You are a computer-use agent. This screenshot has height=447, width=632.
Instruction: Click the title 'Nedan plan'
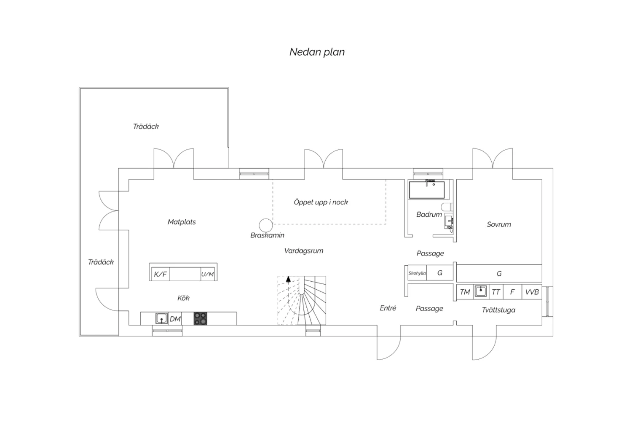(317, 52)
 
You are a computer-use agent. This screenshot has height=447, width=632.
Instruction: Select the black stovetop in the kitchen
(200, 318)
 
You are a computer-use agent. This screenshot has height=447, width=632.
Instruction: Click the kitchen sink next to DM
(162, 318)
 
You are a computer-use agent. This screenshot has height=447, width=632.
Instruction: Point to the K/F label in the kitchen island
(160, 274)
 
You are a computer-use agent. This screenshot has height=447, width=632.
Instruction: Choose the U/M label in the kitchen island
(207, 274)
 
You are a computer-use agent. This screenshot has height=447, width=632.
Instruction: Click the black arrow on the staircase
(288, 279)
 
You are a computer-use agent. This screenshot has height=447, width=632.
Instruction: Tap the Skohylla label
(417, 273)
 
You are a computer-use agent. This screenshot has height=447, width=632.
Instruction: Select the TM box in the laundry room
(465, 292)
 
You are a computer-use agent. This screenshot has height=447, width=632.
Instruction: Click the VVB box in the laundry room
(532, 292)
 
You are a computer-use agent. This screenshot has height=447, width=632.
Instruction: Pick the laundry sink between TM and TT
(481, 291)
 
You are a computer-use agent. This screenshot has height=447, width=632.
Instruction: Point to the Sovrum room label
(499, 224)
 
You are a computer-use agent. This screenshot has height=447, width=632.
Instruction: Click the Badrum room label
(429, 215)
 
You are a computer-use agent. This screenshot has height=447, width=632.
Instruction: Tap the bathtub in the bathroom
(426, 190)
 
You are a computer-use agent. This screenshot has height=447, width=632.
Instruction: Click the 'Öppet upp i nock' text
(321, 202)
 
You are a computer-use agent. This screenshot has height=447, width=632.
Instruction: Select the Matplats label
(182, 222)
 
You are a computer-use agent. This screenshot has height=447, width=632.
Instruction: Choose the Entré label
(388, 308)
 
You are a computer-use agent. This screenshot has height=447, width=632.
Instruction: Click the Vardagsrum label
(304, 251)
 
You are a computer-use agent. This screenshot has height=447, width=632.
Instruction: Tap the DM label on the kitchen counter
(175, 319)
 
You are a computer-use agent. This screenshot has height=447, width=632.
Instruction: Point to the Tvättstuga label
(498, 310)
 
